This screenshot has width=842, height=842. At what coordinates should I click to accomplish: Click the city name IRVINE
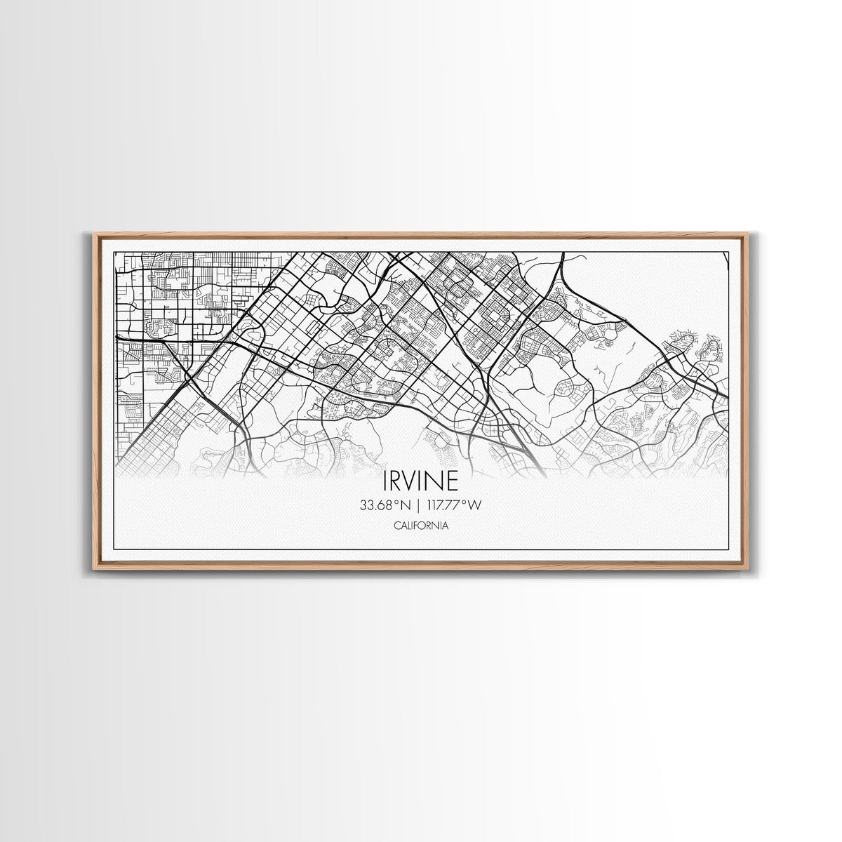coord(421,481)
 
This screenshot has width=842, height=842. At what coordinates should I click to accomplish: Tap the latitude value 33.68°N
coord(384,504)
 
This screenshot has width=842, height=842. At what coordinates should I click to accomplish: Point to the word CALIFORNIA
coord(421,525)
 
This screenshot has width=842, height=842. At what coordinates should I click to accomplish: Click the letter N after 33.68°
coord(404,504)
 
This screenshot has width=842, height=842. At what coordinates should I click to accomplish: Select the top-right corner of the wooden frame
coord(749,233)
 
